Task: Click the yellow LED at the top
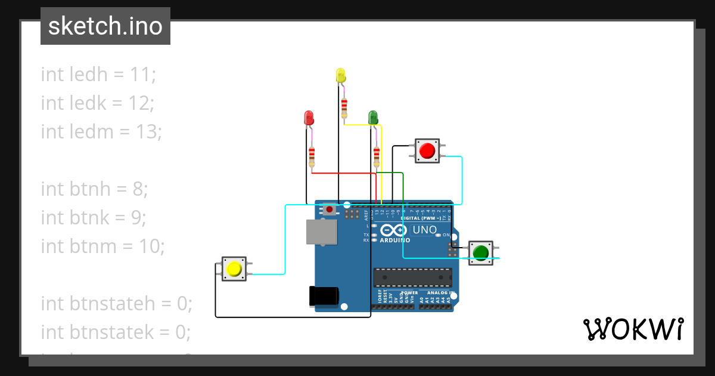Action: point(341,76)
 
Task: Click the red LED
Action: point(309,118)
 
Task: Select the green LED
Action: point(373,118)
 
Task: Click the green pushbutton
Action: point(480,253)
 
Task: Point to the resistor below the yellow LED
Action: point(344,108)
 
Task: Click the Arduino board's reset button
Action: point(329,209)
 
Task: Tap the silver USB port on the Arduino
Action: point(321,232)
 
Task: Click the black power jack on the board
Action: point(324,297)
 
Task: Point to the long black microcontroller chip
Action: point(412,278)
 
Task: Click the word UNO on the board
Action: point(425,230)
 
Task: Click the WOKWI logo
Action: point(633,329)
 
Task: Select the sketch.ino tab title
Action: point(105,26)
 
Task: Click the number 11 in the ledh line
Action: point(142,75)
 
